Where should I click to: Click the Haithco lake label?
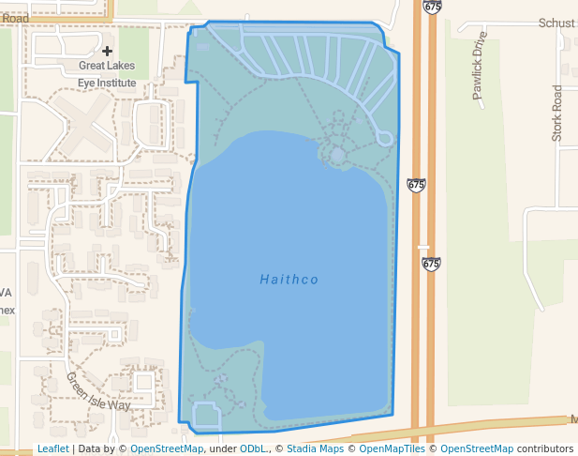(x=289, y=279)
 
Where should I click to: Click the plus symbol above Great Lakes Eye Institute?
(x=108, y=51)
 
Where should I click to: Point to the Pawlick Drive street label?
(x=480, y=66)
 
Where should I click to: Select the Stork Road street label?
(x=557, y=114)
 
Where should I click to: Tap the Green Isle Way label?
(x=97, y=391)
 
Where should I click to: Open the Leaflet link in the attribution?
(x=52, y=448)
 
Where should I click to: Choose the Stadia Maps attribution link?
(x=315, y=448)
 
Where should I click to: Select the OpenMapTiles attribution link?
(x=393, y=448)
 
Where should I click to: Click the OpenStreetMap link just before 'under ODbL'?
(x=167, y=448)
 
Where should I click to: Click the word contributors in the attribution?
(x=544, y=448)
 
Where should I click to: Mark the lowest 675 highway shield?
(x=431, y=264)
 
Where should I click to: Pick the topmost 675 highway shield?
(x=432, y=7)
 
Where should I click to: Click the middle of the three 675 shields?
(x=417, y=185)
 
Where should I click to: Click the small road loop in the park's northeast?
(x=384, y=137)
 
